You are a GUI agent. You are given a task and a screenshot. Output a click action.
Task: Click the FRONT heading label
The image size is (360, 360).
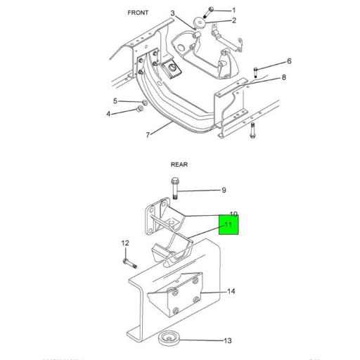(138, 13)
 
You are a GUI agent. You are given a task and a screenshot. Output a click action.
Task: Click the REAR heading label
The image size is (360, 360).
(179, 165)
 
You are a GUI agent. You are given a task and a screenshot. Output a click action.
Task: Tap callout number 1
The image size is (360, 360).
(234, 10)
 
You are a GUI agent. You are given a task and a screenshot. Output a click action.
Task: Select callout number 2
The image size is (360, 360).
(234, 20)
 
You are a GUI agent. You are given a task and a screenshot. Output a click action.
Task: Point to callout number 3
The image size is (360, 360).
(172, 13)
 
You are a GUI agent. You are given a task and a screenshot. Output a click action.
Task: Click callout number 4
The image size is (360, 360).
(109, 114)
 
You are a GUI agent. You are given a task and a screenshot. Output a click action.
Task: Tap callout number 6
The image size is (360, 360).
(288, 61)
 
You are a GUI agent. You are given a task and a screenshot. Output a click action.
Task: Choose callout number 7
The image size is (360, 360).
(148, 134)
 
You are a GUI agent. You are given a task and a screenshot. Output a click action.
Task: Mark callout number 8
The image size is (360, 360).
(284, 77)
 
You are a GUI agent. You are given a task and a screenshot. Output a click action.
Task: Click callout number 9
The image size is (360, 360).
(224, 190)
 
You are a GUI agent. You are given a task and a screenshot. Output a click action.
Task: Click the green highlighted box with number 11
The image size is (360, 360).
(229, 225)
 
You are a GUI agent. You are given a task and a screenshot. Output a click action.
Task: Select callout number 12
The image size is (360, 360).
(125, 243)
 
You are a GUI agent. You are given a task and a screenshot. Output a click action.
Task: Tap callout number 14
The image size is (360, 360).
(231, 291)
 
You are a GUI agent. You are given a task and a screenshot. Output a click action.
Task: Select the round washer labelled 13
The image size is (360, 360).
(169, 337)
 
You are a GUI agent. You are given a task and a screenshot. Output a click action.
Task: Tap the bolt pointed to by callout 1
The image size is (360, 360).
(209, 11)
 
